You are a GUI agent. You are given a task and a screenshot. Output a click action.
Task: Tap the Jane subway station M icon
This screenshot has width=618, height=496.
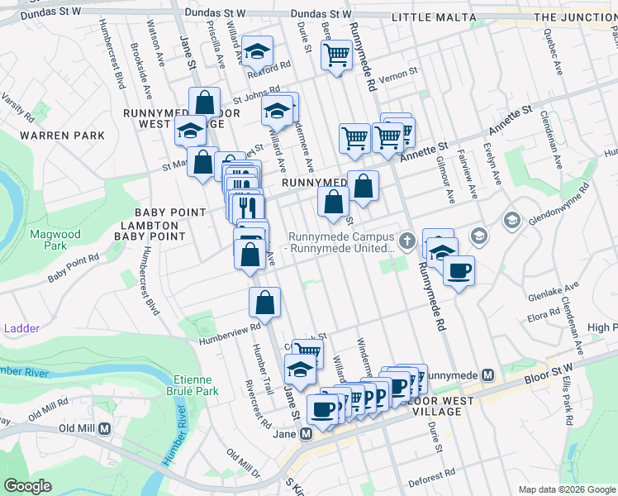coord(307,432)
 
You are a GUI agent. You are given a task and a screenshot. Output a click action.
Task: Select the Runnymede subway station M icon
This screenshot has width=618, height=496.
coord(487,375)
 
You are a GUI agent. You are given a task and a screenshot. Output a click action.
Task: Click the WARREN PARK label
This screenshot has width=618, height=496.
coord(63,135)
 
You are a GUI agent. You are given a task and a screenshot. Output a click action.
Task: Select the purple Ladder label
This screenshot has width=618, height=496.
coord(21,328)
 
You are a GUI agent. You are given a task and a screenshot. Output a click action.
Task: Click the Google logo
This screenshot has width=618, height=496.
coord(27,485)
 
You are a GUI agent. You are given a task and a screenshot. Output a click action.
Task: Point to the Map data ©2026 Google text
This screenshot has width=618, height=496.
coord(566,489)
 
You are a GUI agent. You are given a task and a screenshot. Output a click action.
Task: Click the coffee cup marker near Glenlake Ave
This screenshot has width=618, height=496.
coord(459,269)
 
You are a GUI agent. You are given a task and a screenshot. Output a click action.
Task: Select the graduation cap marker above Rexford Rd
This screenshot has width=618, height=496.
coord(258,51)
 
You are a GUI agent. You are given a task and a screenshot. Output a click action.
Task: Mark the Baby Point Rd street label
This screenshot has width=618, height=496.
coord(73,268)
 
